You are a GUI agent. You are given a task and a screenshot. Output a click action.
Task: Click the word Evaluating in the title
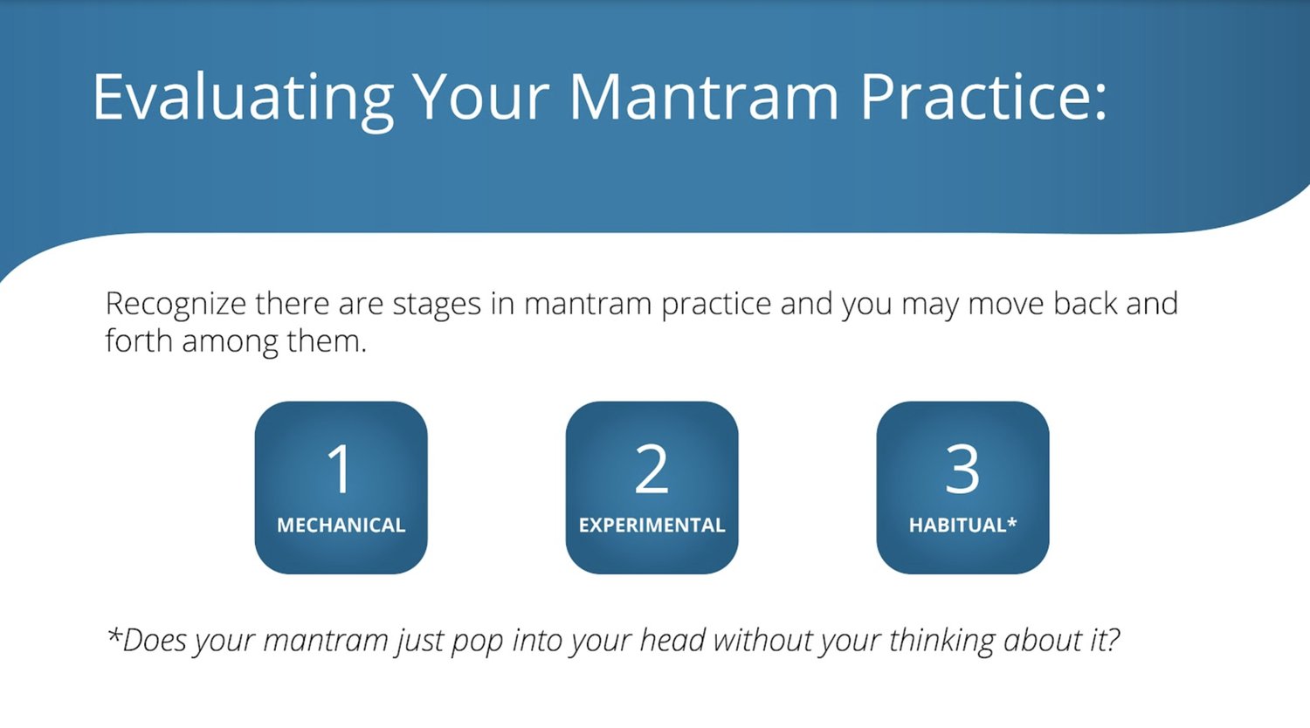click(244, 99)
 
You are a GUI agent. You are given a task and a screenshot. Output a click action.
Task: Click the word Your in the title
click(480, 98)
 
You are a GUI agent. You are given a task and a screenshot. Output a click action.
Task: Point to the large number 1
click(340, 468)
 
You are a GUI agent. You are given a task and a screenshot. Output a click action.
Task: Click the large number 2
click(652, 468)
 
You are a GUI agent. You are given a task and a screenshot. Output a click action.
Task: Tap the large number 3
click(962, 468)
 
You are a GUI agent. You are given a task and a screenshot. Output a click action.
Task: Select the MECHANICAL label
click(341, 525)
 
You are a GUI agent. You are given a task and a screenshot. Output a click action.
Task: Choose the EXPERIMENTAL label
click(652, 525)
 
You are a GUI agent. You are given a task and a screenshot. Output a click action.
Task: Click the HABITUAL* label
click(962, 525)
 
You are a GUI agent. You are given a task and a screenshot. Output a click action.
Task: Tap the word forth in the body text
click(139, 340)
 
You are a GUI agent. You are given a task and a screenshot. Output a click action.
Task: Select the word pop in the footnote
click(477, 642)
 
